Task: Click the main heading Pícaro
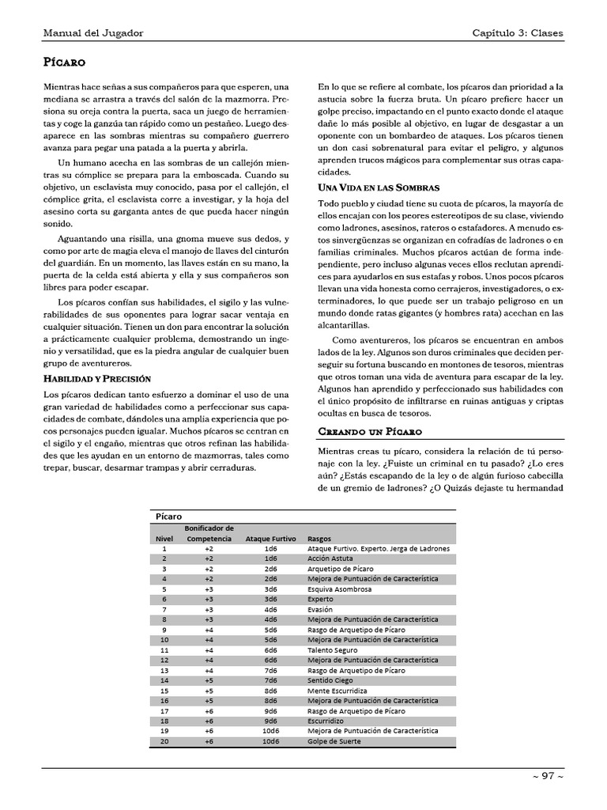pos(64,61)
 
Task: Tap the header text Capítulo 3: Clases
pos(518,32)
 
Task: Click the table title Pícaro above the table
pos(168,516)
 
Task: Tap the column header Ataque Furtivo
pos(270,538)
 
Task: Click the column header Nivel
pos(164,538)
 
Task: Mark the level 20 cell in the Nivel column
pos(164,742)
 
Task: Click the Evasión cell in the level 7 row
pos(320,609)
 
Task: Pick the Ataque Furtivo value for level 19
pos(271,732)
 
